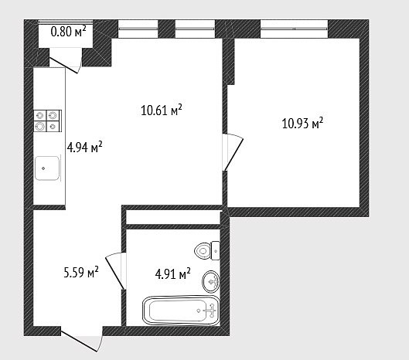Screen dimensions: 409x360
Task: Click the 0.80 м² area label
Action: pyautogui.click(x=68, y=32)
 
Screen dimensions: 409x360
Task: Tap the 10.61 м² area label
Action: pyautogui.click(x=161, y=110)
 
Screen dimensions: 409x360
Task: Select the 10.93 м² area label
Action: pyautogui.click(x=302, y=123)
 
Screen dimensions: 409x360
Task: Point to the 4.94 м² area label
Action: pyautogui.click(x=84, y=148)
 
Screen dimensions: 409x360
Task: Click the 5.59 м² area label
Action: pyautogui.click(x=81, y=272)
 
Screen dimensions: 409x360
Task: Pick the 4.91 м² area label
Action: pyautogui.click(x=172, y=273)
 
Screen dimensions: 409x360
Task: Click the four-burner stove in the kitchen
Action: pyautogui.click(x=47, y=121)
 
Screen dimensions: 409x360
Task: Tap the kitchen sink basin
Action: pyautogui.click(x=47, y=168)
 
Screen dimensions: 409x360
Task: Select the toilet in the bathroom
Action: pyautogui.click(x=207, y=250)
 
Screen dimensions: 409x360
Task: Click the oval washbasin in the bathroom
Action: pyautogui.click(x=211, y=281)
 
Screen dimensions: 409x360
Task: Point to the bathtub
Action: pyautogui.click(x=181, y=311)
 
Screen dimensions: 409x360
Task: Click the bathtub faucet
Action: pyautogui.click(x=211, y=311)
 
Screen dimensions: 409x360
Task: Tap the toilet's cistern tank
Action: pyautogui.click(x=215, y=250)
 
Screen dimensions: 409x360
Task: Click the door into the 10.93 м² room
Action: pyautogui.click(x=233, y=152)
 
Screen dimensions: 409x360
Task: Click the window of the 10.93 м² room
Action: pyautogui.click(x=294, y=29)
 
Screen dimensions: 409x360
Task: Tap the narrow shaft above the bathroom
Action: pyautogui.click(x=173, y=217)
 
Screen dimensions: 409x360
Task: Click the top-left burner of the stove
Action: pyautogui.click(x=40, y=115)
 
